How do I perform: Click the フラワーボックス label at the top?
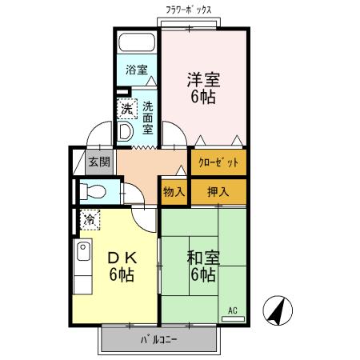pyautogui.click(x=189, y=10)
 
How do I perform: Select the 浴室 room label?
pyautogui.click(x=136, y=70)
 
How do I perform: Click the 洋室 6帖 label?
pyautogui.click(x=203, y=89)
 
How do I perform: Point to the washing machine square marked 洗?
pyautogui.click(x=126, y=108)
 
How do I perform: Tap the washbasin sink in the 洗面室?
pyautogui.click(x=126, y=130)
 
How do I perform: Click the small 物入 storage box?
pyautogui.click(x=174, y=192)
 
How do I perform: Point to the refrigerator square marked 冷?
pyautogui.click(x=90, y=218)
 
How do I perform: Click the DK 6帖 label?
pyautogui.click(x=121, y=266)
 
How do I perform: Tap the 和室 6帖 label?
pyautogui.click(x=201, y=266)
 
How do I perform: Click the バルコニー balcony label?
pyautogui.click(x=159, y=339)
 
